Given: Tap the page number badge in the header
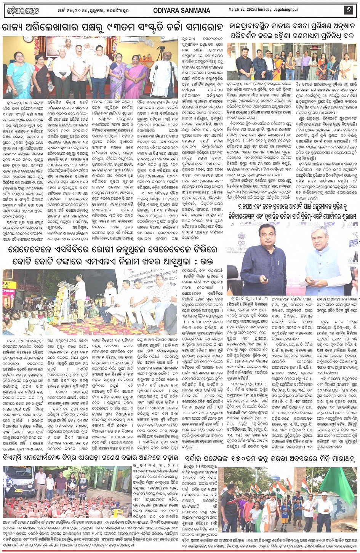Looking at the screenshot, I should (349, 11).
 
